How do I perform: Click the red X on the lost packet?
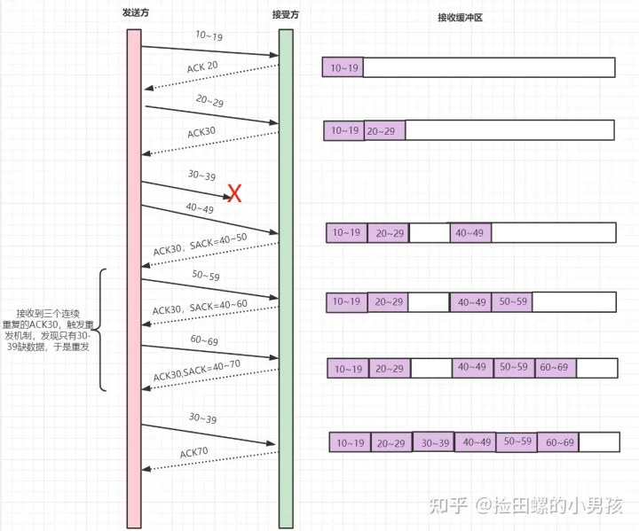coord(235,193)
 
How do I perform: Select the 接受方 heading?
coord(285,16)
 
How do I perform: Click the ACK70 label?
coord(193,453)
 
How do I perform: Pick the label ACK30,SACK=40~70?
coord(198,371)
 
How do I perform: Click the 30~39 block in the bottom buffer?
coord(432,442)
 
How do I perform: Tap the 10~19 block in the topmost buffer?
coord(343,67)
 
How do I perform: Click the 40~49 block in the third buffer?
coord(470,233)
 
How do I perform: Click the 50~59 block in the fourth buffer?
coord(512,301)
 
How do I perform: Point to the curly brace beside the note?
coord(102,330)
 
